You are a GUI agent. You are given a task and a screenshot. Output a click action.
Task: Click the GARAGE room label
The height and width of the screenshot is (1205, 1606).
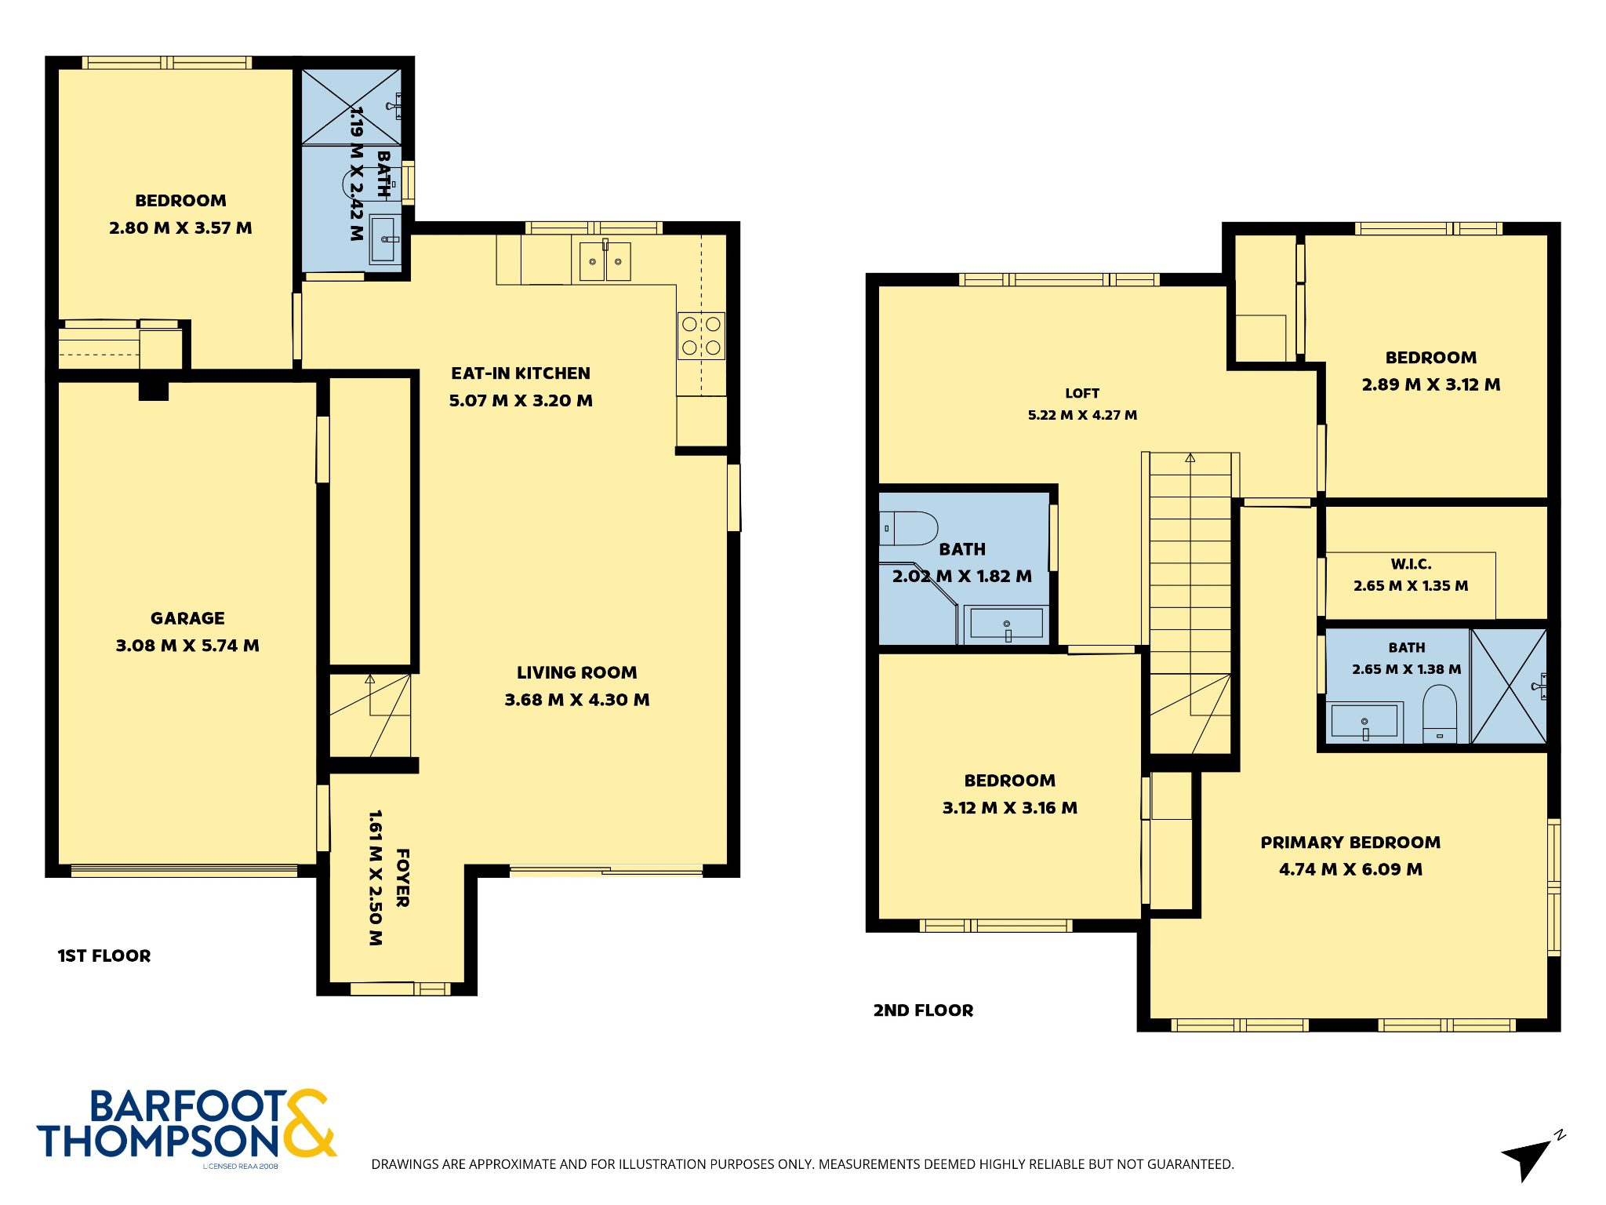[x=187, y=618]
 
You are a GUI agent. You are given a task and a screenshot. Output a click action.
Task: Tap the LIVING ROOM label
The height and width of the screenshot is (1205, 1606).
[x=576, y=672]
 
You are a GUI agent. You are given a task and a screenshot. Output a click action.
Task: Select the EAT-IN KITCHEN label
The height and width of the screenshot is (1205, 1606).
[x=521, y=373]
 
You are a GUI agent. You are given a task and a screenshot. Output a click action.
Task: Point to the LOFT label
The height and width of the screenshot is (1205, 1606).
[x=1082, y=393]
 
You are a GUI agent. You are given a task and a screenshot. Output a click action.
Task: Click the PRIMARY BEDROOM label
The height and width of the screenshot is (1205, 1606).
[x=1350, y=843]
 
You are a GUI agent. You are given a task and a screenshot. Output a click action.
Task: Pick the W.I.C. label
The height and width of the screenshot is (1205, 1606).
[x=1411, y=564]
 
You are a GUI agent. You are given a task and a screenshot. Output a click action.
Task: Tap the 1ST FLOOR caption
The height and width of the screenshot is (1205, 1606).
[x=104, y=956]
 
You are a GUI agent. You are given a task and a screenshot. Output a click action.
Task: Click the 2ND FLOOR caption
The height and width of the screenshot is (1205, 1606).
[x=923, y=1010]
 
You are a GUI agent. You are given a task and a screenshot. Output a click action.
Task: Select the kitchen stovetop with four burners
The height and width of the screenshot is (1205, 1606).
[x=701, y=336]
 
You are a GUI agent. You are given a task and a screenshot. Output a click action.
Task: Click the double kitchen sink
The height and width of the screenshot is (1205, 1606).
[x=605, y=261]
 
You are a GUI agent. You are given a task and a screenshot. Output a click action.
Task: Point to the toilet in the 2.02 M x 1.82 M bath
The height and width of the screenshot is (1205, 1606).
[x=908, y=529]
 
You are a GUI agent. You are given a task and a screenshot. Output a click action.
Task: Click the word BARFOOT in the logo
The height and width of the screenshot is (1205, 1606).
[x=188, y=1107]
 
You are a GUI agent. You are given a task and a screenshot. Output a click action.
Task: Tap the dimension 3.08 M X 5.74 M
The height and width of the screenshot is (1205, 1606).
[x=187, y=646]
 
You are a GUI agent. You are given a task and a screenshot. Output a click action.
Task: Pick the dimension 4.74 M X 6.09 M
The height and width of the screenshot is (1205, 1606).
[x=1350, y=869]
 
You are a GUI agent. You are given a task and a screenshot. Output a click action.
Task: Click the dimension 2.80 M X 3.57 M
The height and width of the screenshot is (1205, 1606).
[x=180, y=228]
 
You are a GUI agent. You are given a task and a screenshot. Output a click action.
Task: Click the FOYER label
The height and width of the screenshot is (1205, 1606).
[x=402, y=878]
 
